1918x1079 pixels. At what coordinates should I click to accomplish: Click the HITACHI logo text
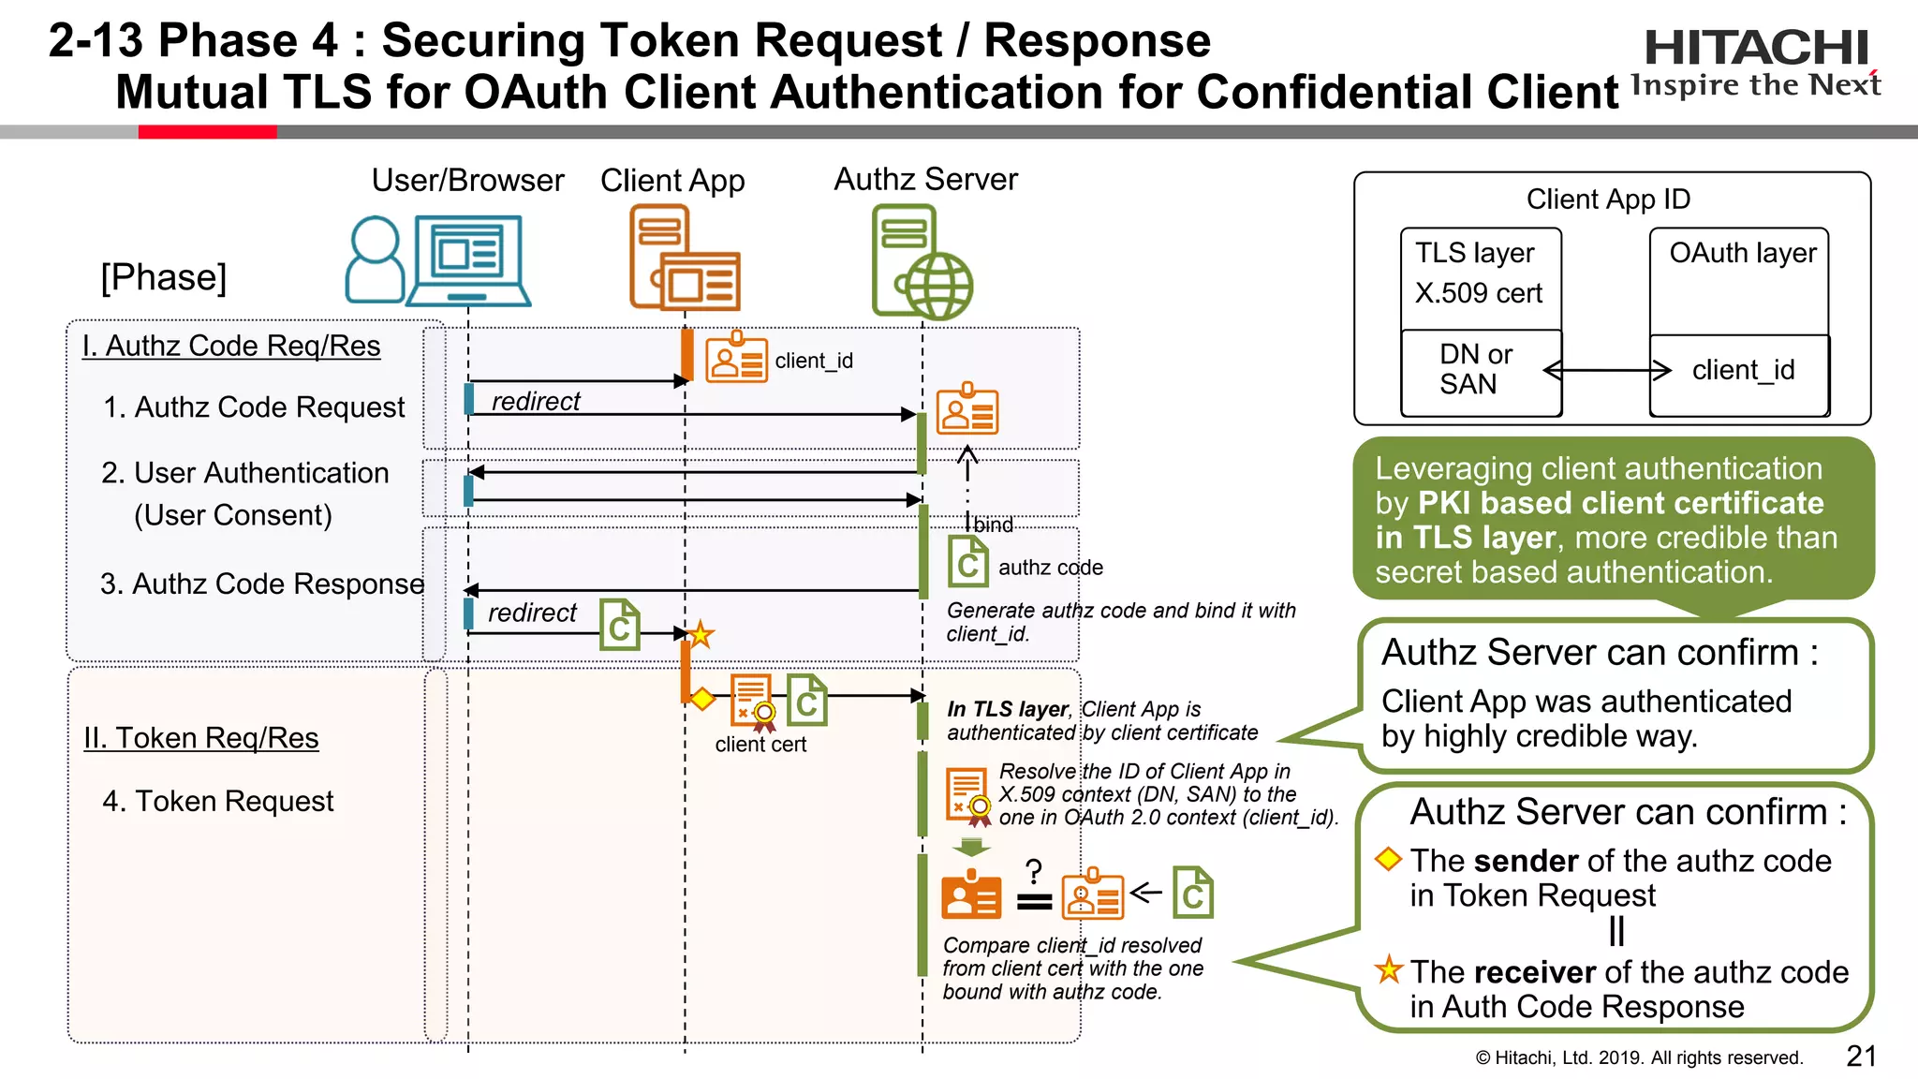[1756, 49]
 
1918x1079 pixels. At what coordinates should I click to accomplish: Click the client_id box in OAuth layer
[1740, 371]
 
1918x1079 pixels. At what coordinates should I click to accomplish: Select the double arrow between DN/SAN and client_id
[1606, 371]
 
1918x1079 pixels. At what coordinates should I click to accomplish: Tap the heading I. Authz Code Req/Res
[231, 346]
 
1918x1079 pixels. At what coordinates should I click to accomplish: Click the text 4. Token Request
[218, 801]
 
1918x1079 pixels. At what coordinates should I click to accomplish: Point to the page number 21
[1861, 1056]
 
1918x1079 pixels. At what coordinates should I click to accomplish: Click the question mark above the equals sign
[1033, 871]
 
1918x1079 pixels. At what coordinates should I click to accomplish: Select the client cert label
[760, 745]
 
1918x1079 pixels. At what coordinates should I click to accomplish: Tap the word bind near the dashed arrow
[993, 525]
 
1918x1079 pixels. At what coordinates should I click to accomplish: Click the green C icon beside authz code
[967, 562]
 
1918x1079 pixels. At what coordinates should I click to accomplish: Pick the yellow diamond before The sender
[1388, 859]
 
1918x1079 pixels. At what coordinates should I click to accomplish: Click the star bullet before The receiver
[1389, 969]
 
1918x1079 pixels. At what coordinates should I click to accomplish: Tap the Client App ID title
[1608, 200]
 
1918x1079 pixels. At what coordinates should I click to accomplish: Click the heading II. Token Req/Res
[201, 738]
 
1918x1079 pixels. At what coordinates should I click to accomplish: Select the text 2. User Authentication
[245, 473]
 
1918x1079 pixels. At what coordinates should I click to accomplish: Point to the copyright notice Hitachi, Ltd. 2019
[1639, 1057]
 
